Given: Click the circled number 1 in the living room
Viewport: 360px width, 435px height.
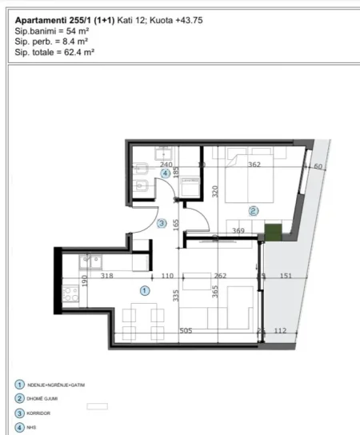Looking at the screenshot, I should coord(145,290).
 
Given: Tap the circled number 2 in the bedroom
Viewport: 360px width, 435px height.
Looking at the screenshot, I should coord(254,211).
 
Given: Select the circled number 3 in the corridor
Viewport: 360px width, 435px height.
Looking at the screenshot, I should coord(162,224).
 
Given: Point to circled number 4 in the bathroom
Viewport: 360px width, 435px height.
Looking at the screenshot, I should coord(166,173).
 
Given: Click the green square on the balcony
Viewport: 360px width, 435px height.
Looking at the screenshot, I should coord(273,233).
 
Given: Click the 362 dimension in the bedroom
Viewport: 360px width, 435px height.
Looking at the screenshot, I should coord(255,166).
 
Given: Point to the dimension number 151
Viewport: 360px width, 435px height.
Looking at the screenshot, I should coord(286,277).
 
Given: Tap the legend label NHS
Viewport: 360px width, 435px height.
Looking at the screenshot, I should coord(32,428).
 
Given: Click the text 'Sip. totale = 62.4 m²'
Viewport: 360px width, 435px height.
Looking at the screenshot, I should coord(55,51).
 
